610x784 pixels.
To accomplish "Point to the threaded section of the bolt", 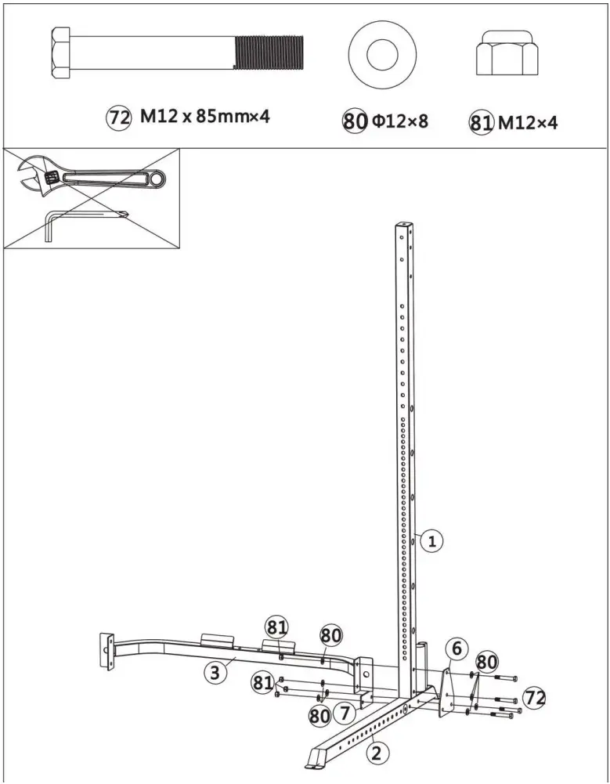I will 269,53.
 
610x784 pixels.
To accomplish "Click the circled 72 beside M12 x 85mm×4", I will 117,118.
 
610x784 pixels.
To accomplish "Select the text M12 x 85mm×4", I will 205,117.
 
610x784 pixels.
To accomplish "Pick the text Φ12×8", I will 400,121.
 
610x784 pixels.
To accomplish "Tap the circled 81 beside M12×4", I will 480,122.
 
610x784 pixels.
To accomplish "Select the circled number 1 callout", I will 431,540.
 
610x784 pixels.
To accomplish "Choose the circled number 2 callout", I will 377,753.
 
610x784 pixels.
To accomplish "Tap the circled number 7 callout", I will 341,713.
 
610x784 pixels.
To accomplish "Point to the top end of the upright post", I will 405,228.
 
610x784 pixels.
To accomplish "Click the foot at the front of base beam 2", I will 317,757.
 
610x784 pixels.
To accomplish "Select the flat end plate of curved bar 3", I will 104,650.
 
